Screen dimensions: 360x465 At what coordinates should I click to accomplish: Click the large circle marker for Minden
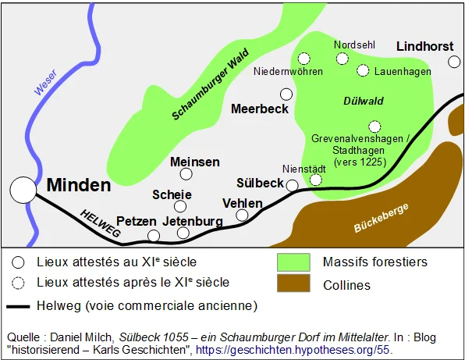23,189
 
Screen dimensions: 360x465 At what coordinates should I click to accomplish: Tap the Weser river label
46,80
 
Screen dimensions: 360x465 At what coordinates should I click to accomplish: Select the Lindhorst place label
424,47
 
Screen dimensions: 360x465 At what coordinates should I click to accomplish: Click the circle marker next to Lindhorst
454,61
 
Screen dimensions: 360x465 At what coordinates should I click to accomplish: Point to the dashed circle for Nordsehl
342,58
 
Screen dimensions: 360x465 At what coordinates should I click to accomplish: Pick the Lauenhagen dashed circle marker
363,70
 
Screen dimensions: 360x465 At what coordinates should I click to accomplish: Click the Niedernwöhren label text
288,71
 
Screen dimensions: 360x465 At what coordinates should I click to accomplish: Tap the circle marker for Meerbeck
286,94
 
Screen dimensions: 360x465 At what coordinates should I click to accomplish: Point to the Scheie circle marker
180,206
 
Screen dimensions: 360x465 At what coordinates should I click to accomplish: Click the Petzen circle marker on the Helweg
154,235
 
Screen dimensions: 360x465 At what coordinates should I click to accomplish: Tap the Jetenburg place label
192,221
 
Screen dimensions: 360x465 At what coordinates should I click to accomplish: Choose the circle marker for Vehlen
243,215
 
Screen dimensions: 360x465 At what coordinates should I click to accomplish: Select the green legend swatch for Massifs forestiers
295,262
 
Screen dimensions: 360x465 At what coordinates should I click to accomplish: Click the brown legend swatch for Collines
295,284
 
